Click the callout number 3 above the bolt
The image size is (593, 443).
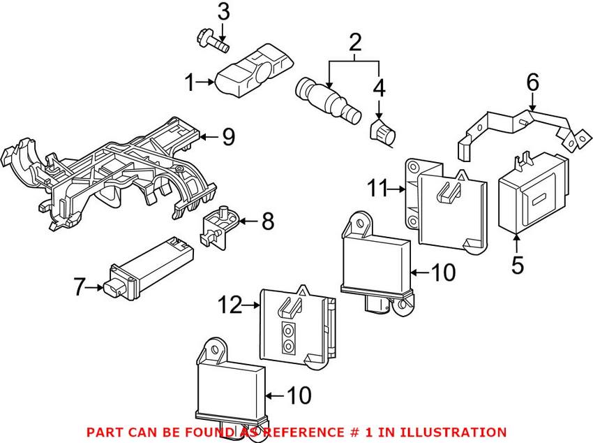(x=223, y=12)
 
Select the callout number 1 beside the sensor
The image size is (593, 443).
(x=189, y=84)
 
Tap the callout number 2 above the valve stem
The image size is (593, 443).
(x=355, y=43)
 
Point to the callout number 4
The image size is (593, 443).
(x=378, y=88)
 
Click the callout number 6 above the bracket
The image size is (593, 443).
(x=532, y=82)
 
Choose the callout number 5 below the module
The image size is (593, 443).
(x=518, y=266)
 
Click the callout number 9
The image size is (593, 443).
(x=229, y=138)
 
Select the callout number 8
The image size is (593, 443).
(x=268, y=223)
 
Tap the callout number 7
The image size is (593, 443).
(x=80, y=286)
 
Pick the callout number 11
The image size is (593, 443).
(x=377, y=188)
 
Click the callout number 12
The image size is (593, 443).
(x=230, y=305)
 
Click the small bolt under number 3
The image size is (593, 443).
(x=211, y=39)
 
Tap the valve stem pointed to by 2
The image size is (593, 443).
(x=326, y=99)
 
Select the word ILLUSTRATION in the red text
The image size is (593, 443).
(x=453, y=433)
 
